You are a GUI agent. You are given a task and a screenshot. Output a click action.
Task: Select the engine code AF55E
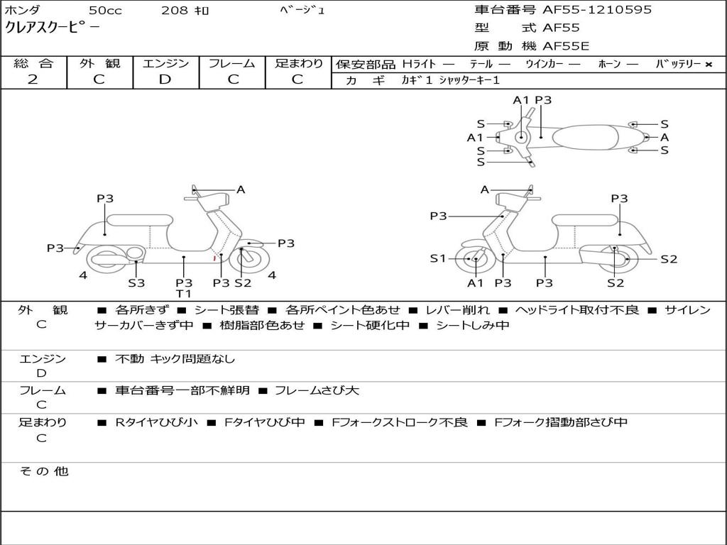pos(566,47)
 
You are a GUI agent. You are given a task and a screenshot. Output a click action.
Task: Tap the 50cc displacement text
pos(105,11)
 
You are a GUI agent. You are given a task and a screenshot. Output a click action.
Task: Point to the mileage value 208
pos(174,11)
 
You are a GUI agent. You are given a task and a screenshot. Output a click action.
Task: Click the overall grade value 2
pos(33,79)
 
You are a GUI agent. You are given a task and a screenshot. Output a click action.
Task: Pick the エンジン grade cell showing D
pos(165,79)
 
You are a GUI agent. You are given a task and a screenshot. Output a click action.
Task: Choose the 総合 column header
pos(33,63)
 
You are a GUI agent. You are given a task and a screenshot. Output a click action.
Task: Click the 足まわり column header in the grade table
pos(298,63)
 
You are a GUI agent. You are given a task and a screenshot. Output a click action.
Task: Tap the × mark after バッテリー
pos(708,64)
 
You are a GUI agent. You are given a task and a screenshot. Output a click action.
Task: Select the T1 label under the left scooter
pos(184,294)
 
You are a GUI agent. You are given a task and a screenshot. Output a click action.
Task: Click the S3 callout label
pos(136,282)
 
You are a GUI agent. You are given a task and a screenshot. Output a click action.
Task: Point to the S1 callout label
pos(439,258)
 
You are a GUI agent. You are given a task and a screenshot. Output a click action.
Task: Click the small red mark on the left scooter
pos(214,258)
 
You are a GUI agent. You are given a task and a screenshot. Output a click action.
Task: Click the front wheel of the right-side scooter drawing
pos(474,260)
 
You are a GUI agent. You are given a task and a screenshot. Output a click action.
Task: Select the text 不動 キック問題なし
pos(175,359)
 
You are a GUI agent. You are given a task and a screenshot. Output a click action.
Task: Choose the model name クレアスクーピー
pos(53,28)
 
